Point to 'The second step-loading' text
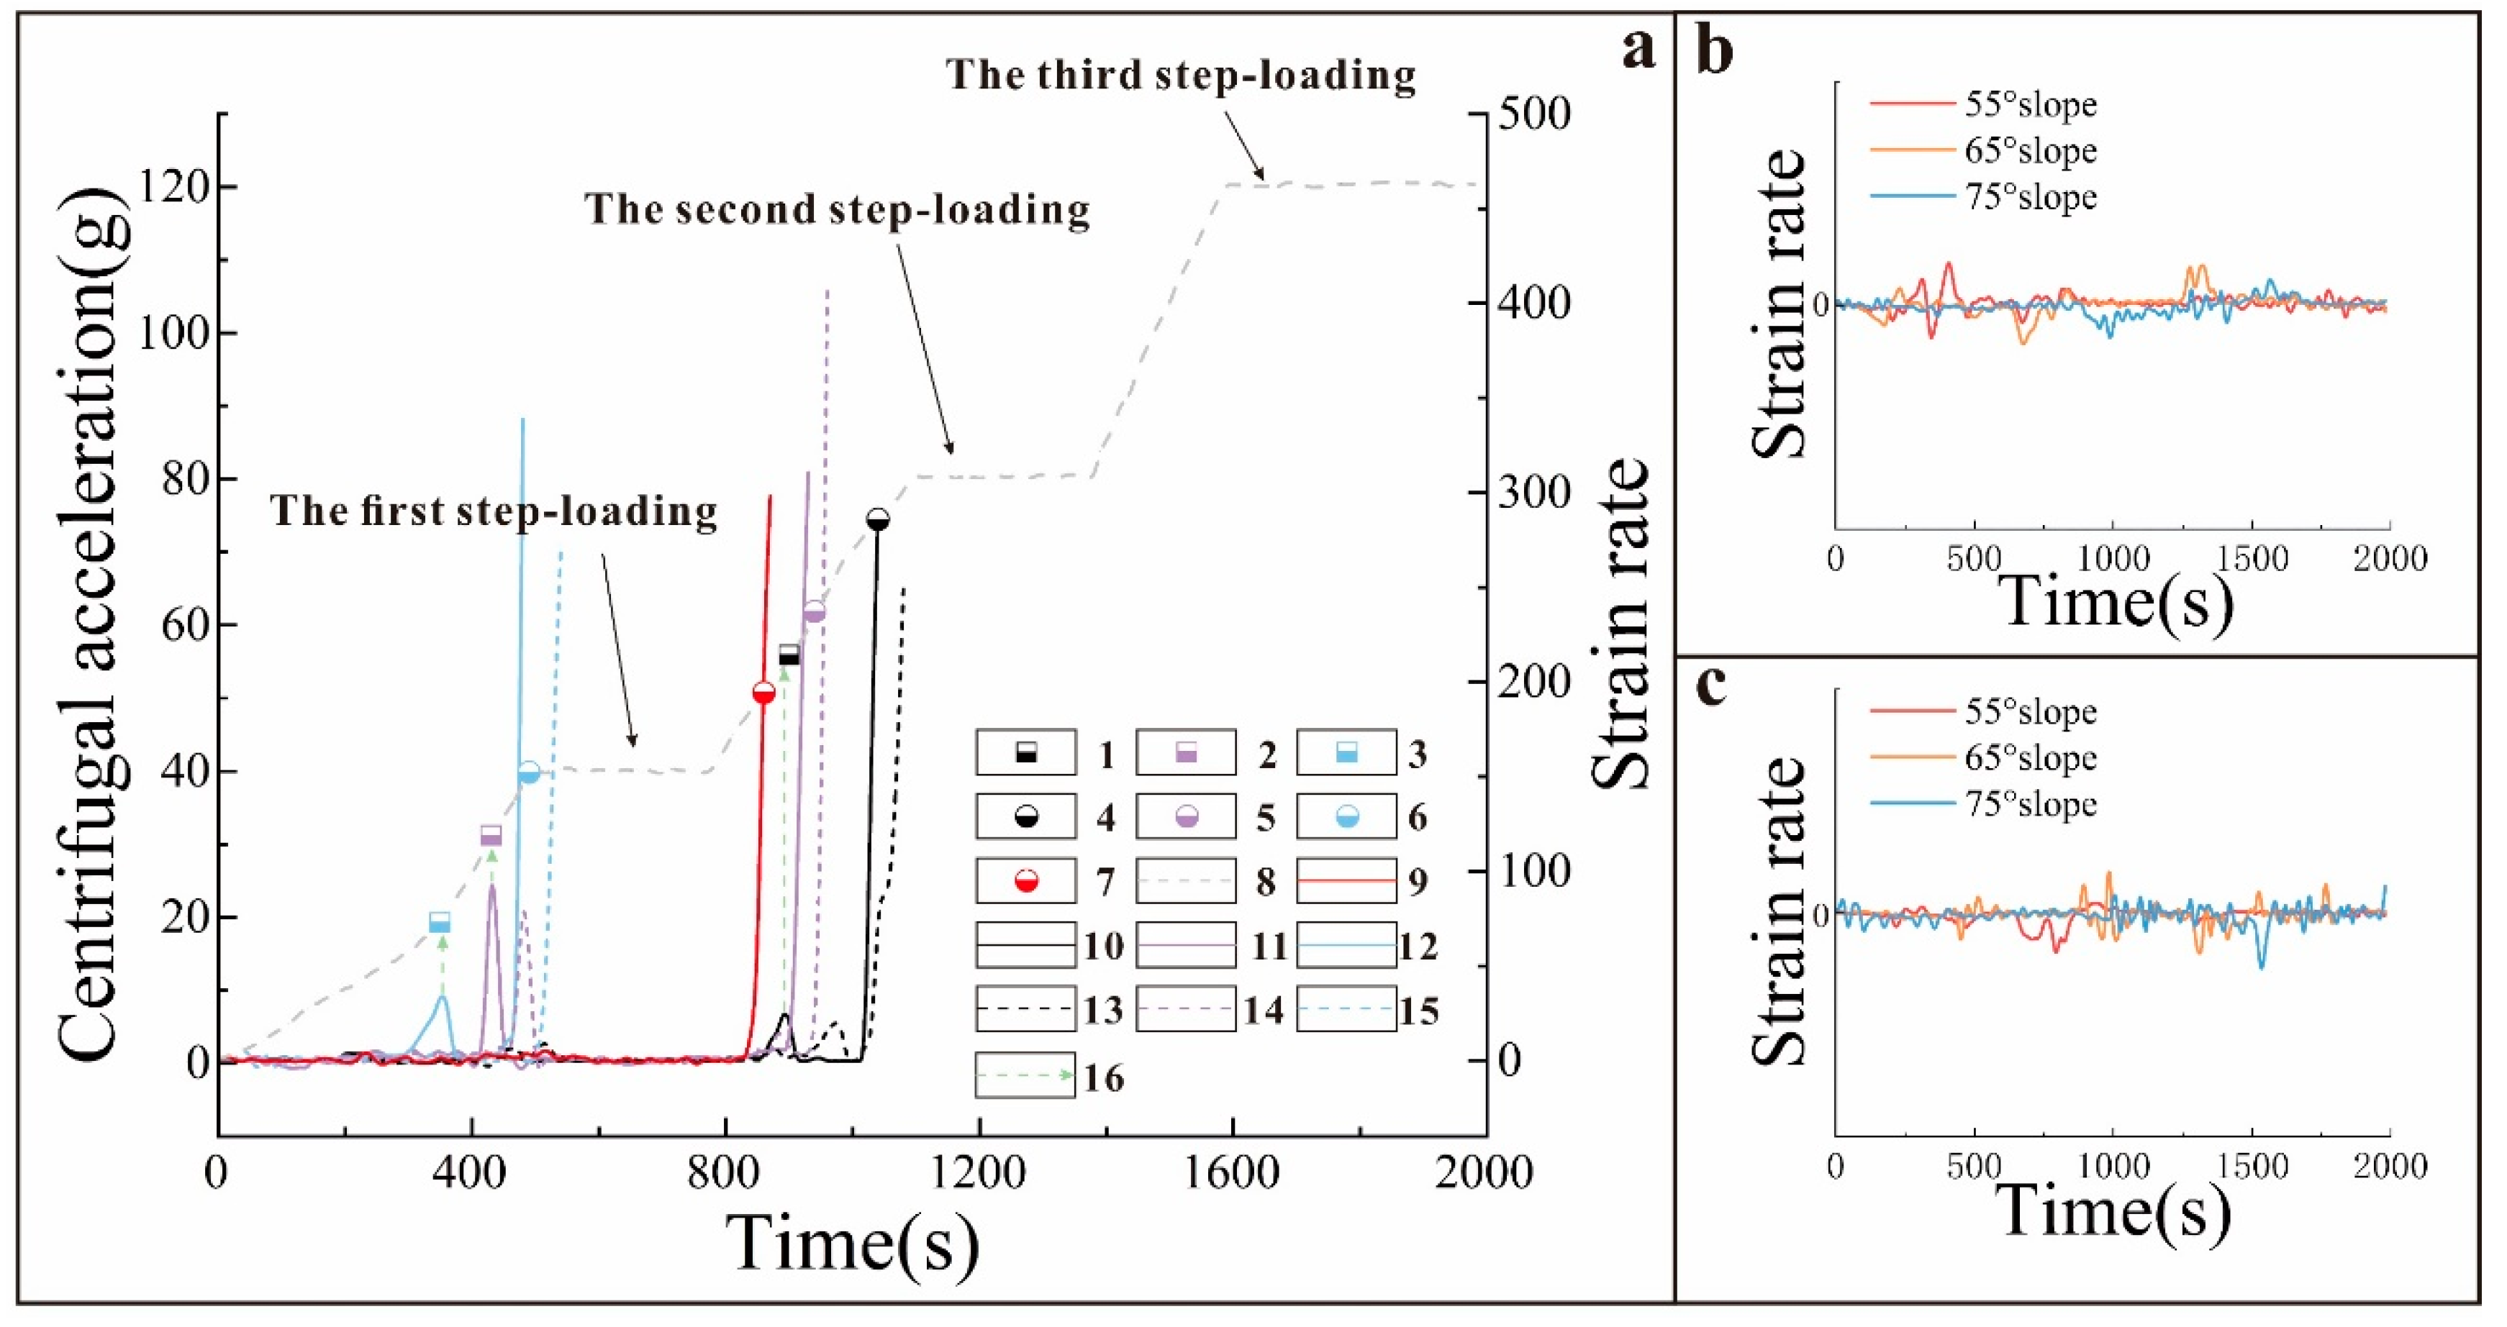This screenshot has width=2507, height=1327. click(837, 210)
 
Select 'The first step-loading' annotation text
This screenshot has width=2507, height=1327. click(494, 511)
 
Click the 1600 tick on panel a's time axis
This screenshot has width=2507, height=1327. click(1233, 1172)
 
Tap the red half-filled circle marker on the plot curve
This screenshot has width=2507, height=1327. click(764, 693)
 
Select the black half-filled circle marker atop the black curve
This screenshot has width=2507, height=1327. click(878, 519)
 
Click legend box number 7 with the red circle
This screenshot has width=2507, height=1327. click(1026, 881)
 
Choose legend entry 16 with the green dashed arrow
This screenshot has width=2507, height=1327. click(1026, 1075)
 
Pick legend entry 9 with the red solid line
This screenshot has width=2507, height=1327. click(1346, 881)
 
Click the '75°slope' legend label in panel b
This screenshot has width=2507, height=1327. click(2030, 198)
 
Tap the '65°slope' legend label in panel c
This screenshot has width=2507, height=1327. click(2030, 758)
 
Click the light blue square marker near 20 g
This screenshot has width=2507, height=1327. click(440, 922)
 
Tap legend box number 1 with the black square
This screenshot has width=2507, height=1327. click(1026, 753)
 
